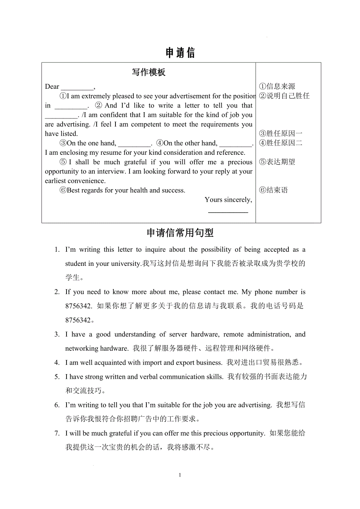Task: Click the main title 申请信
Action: pyautogui.click(x=180, y=53)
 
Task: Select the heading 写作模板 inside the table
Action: pyautogui.click(x=149, y=72)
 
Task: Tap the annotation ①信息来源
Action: pyautogui.click(x=277, y=86)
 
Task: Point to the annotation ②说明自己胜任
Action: pyautogui.click(x=284, y=96)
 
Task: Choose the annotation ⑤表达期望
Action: pyautogui.click(x=277, y=162)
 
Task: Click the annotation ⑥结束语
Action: pyautogui.click(x=273, y=190)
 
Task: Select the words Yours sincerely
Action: pyautogui.click(x=228, y=200)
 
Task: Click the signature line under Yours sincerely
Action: pyautogui.click(x=228, y=211)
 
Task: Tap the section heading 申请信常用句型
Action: pyautogui.click(x=180, y=233)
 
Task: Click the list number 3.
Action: pyautogui.click(x=57, y=334)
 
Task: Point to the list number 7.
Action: pyautogui.click(x=57, y=433)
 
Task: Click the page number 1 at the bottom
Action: pyautogui.click(x=180, y=475)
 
